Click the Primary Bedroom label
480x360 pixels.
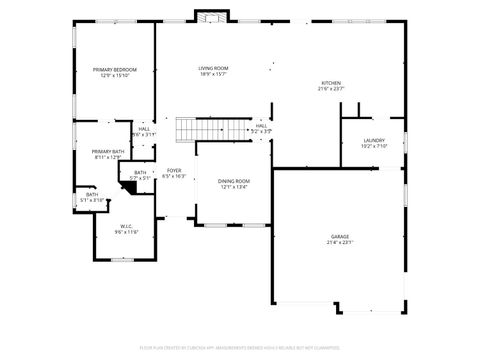[x=115, y=69]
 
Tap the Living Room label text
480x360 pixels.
[x=212, y=67]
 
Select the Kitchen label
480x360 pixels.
[x=330, y=83]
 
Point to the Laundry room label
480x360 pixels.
[x=373, y=140]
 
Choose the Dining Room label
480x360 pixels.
[x=234, y=181]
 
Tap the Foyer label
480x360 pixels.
[x=174, y=170]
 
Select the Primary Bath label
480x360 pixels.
[x=107, y=151]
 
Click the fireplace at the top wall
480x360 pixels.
[x=211, y=16]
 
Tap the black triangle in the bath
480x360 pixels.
[x=131, y=186]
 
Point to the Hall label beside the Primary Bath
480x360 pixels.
[x=144, y=128]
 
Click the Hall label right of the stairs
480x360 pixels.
[x=261, y=125]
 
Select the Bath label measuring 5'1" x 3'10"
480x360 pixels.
[x=91, y=195]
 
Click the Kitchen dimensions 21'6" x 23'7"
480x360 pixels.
[x=330, y=89]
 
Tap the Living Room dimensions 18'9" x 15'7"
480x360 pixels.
[x=212, y=73]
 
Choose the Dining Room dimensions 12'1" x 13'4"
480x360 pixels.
[x=234, y=187]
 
